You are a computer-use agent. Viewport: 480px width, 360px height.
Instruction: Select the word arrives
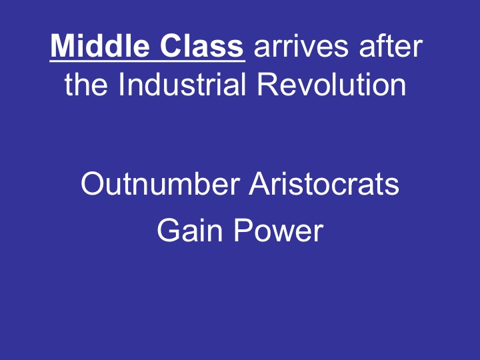(x=301, y=48)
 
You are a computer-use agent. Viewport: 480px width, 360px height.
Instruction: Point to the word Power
(x=281, y=231)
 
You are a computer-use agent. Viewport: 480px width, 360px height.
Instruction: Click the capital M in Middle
(x=62, y=47)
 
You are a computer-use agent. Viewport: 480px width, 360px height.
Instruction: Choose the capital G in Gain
(x=168, y=231)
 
